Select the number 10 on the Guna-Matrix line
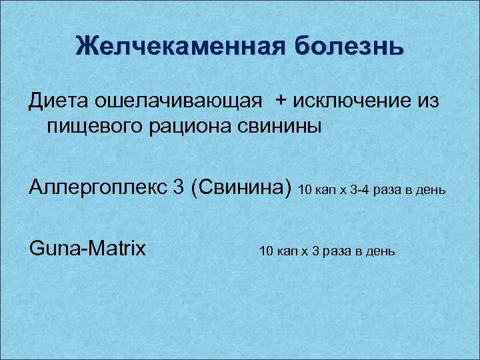(265, 251)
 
